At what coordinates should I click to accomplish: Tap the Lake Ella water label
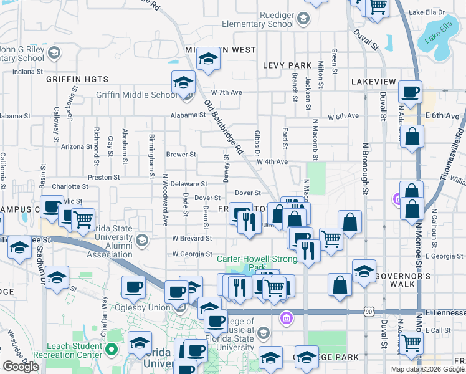tap(436, 37)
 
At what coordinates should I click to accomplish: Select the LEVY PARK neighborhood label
tap(287, 65)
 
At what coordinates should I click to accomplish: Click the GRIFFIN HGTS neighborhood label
tap(77, 79)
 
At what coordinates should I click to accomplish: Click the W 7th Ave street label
tap(226, 93)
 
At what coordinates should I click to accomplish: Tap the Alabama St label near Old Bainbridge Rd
tap(189, 115)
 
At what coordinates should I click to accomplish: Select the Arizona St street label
tap(77, 147)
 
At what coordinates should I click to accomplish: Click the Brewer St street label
tap(181, 155)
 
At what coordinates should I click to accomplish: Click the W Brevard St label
tap(193, 238)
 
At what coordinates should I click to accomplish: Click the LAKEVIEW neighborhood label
tap(373, 82)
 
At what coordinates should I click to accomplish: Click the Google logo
tap(21, 367)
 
